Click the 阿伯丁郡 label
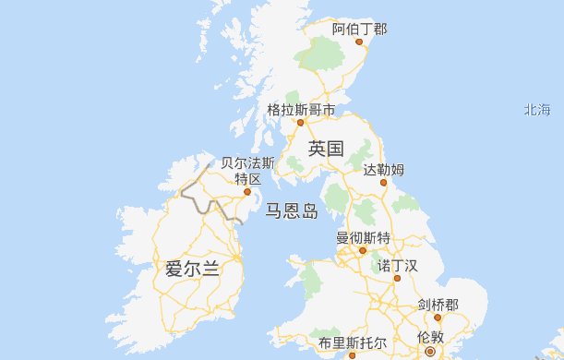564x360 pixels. pyautogui.click(x=359, y=30)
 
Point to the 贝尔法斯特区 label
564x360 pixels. pyautogui.click(x=247, y=170)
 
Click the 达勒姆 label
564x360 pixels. pyautogui.click(x=383, y=169)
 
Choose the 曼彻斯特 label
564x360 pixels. pyautogui.click(x=363, y=237)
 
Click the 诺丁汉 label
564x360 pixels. pyautogui.click(x=398, y=266)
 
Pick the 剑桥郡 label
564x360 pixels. pyautogui.click(x=438, y=305)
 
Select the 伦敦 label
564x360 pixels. pyautogui.click(x=430, y=337)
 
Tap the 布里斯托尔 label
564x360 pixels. pyautogui.click(x=346, y=342)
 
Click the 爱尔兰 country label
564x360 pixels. pyautogui.click(x=192, y=270)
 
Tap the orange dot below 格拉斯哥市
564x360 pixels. pyautogui.click(x=300, y=121)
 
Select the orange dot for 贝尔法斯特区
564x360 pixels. pyautogui.click(x=247, y=192)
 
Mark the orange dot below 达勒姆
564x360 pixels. pyautogui.click(x=384, y=182)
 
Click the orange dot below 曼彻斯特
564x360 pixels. pyautogui.click(x=363, y=250)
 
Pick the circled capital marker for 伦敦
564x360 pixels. pyautogui.click(x=430, y=352)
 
